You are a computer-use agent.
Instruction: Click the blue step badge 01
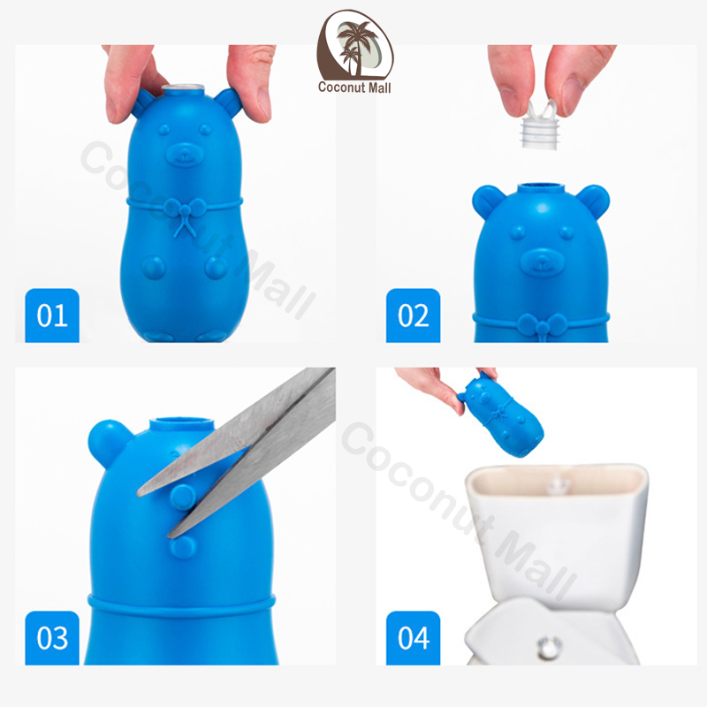52,315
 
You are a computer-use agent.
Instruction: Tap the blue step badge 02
413,315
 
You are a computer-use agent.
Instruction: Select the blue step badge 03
52,637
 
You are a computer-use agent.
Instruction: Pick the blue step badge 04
413,637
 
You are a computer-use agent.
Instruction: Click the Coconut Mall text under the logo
354,87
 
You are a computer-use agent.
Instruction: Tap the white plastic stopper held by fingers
541,125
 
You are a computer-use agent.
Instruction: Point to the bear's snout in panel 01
185,155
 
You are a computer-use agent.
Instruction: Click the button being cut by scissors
183,497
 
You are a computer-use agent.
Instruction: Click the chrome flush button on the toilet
548,648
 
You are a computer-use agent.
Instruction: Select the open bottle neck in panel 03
182,424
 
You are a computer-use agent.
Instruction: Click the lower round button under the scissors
182,546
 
